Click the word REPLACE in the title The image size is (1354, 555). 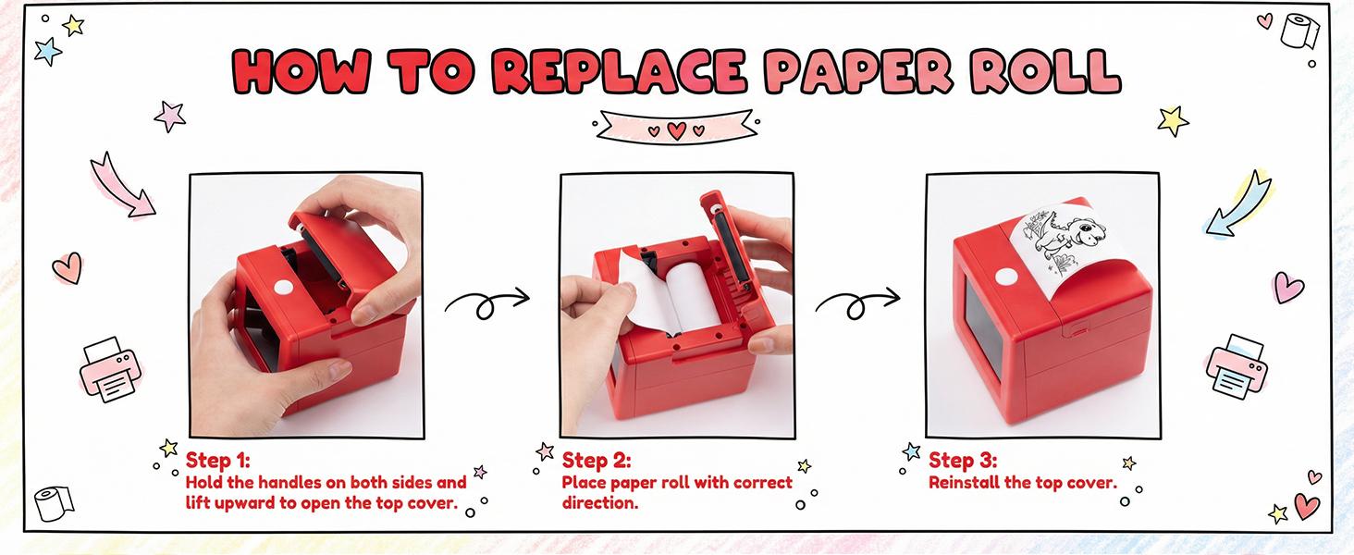point(620,71)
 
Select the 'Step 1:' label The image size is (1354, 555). point(217,460)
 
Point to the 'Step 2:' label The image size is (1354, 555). point(596,460)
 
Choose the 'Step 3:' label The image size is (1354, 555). point(962,460)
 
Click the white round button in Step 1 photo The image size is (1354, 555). point(282,287)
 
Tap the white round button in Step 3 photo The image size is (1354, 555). point(1006,277)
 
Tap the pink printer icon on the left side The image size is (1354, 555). point(111,369)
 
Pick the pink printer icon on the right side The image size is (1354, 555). point(1237,366)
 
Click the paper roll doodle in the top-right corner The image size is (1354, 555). point(1299,31)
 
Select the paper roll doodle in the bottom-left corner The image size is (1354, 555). point(54,503)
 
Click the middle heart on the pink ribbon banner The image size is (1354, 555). point(676,130)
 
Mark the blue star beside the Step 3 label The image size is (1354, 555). point(911,451)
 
